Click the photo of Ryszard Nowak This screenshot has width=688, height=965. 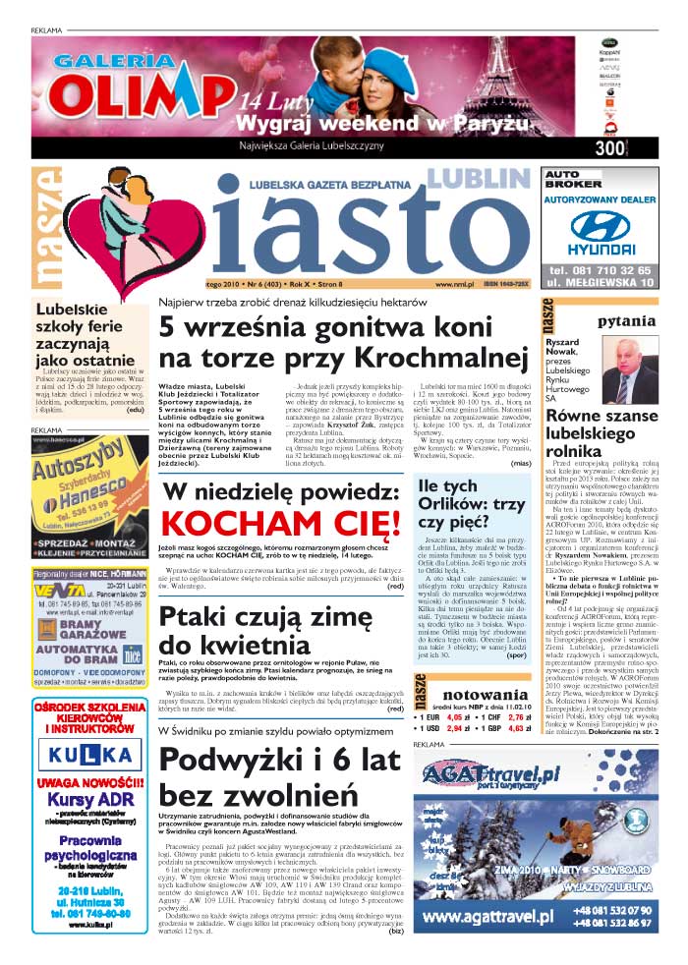628,370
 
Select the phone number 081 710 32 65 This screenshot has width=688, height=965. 612,269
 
